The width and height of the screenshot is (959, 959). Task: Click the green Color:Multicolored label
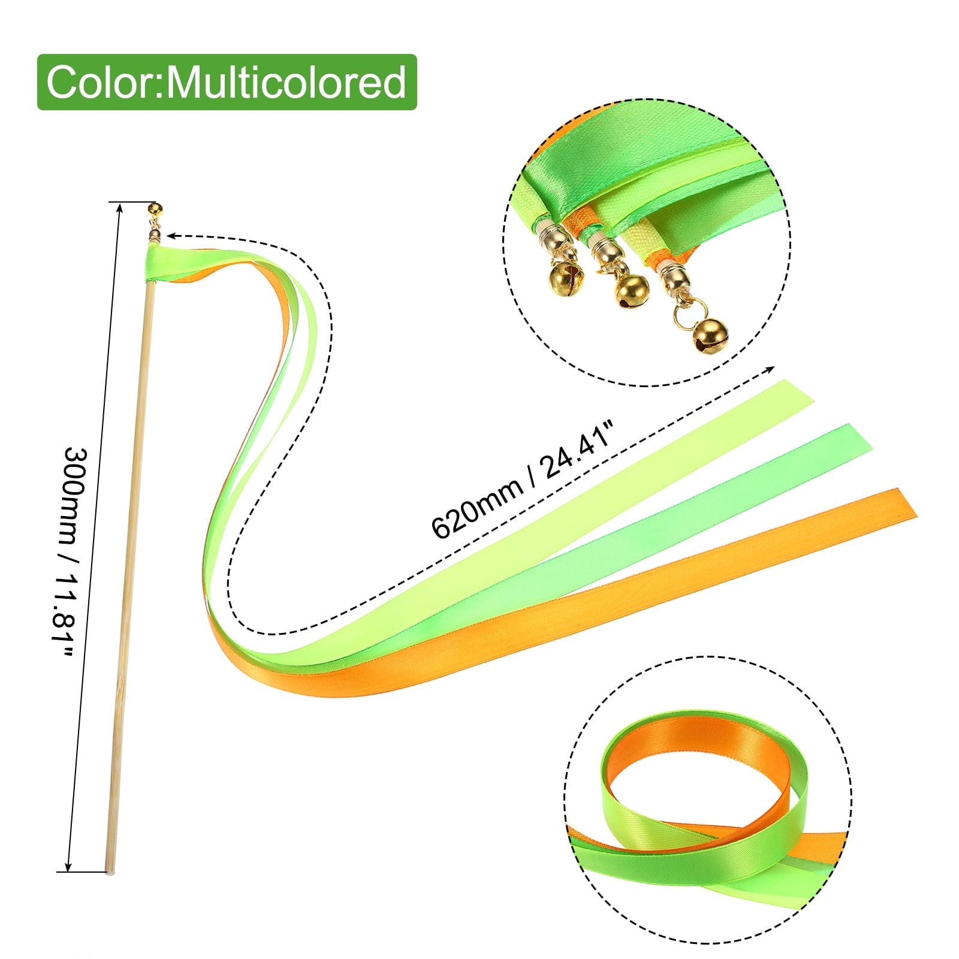[x=227, y=82]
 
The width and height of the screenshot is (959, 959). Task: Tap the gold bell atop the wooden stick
[x=155, y=210]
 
